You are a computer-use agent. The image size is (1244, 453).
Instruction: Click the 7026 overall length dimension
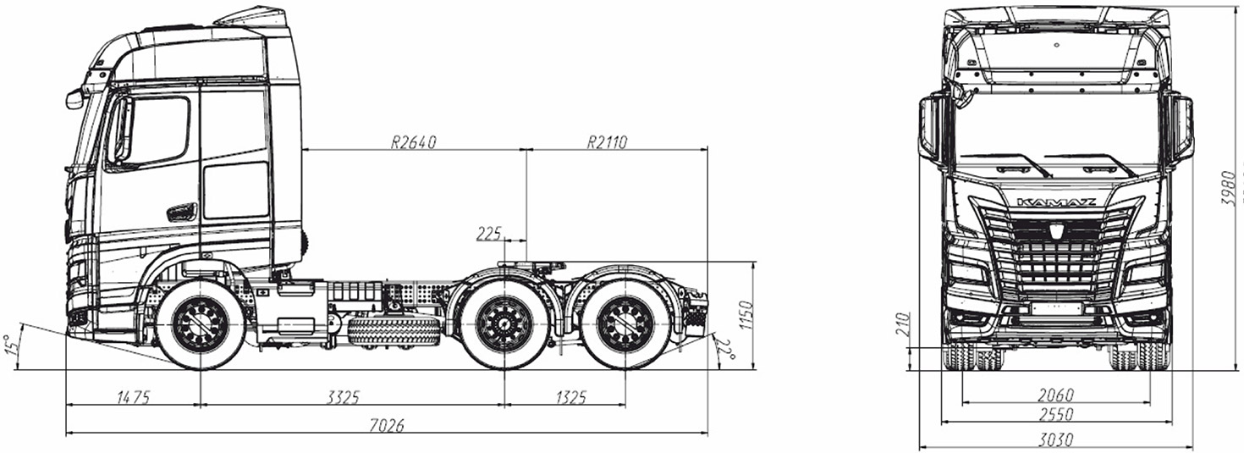(x=387, y=426)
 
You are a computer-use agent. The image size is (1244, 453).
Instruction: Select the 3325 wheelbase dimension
(x=344, y=397)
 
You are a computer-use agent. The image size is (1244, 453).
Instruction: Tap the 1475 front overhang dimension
(x=134, y=397)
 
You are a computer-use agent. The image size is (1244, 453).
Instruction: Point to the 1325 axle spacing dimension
(x=570, y=397)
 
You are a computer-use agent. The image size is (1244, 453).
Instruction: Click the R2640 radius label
(x=414, y=142)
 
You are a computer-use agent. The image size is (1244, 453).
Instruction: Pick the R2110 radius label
(x=607, y=142)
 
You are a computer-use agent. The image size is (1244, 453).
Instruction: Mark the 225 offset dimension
(x=489, y=234)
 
